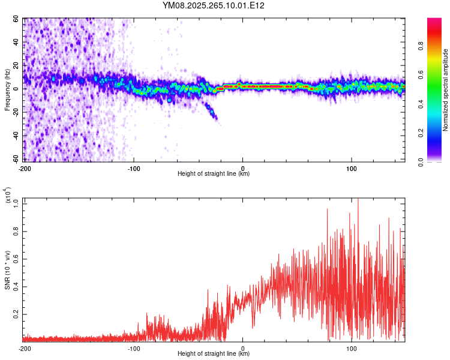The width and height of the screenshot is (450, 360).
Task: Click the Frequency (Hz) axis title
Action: [7, 90]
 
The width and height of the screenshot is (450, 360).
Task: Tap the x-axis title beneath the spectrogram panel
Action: [214, 174]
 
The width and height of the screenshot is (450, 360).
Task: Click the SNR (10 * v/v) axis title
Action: [7, 270]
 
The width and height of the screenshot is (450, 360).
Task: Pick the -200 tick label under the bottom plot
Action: [25, 348]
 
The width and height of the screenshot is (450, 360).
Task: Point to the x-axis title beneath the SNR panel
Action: [214, 355]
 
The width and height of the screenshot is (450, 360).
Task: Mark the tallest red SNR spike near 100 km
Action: [358, 200]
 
